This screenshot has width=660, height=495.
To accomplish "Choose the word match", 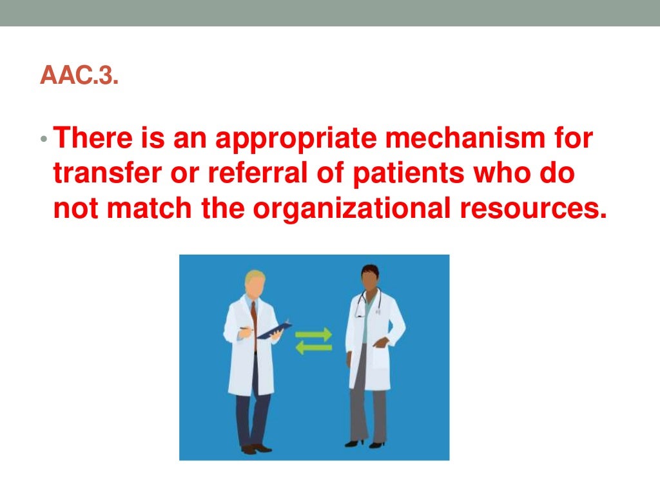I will pyautogui.click(x=151, y=209).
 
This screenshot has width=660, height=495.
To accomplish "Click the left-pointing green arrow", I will pyautogui.click(x=314, y=349).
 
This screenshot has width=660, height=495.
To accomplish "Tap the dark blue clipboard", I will pyautogui.click(x=274, y=330).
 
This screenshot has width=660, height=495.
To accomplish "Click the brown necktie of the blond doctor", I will pyautogui.click(x=255, y=322).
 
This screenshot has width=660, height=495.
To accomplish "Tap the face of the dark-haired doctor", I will pyautogui.click(x=369, y=281).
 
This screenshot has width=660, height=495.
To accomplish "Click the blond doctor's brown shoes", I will pyautogui.click(x=255, y=448).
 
